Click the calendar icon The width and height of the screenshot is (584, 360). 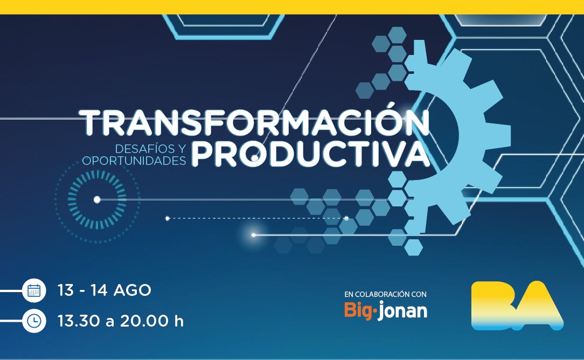[x=34, y=291]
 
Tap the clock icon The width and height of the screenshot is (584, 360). [x=34, y=321]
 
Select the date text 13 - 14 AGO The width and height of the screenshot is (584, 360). [x=105, y=290]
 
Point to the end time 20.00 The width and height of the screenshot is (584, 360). [x=143, y=321]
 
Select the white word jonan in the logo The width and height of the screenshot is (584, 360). [x=402, y=311]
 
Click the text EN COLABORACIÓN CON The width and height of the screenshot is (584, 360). [x=385, y=294]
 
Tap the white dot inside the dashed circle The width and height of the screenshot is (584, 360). [x=97, y=199]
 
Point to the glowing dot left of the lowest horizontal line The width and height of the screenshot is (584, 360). [x=254, y=235]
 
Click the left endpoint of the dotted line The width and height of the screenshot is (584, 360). [x=168, y=218]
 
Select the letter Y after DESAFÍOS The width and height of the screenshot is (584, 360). [x=181, y=147]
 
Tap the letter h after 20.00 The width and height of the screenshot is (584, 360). [x=179, y=321]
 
